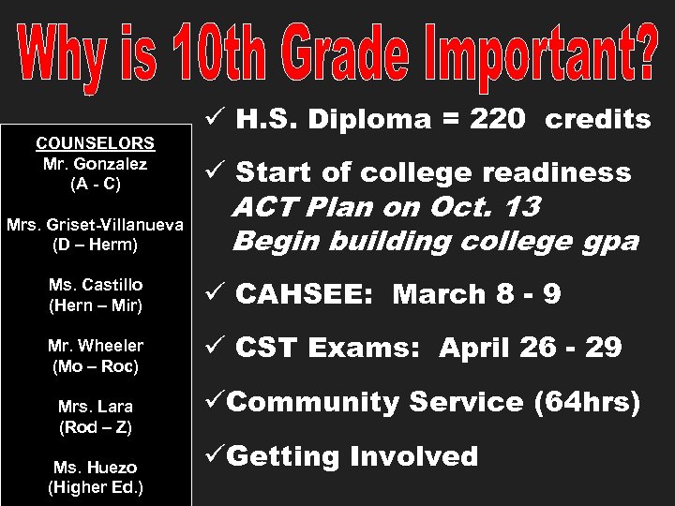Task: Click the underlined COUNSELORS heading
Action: coord(95,143)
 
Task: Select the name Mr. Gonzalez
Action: coord(95,163)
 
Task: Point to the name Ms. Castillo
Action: coord(95,284)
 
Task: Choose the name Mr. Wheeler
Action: coord(95,346)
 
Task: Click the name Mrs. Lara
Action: coord(95,407)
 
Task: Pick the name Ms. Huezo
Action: coord(95,467)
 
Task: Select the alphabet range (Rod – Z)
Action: coord(95,427)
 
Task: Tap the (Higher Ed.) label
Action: coord(95,487)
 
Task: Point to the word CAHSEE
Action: coord(305,294)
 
